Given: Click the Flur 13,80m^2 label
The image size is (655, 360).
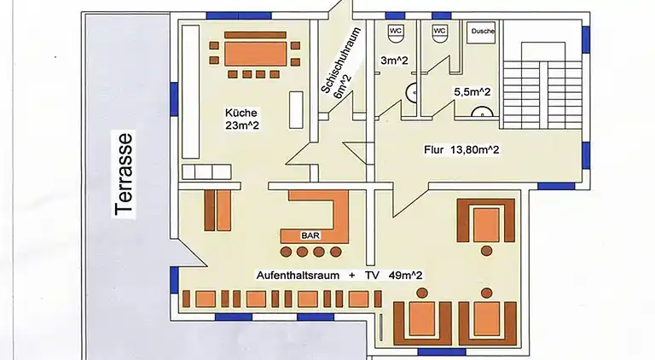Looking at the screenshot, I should pyautogui.click(x=461, y=151).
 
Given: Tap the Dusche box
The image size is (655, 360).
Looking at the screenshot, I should pyautogui.click(x=482, y=32).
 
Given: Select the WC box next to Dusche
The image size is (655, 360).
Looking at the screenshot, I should pyautogui.click(x=439, y=32).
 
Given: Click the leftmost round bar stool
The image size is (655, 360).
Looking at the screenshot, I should pyautogui.click(x=286, y=252).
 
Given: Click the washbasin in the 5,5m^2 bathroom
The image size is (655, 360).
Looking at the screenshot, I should pyautogui.click(x=482, y=112).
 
